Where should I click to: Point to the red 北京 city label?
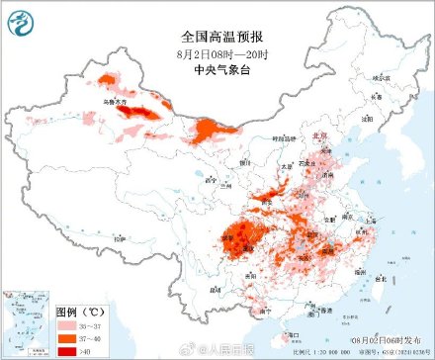point(318,137)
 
